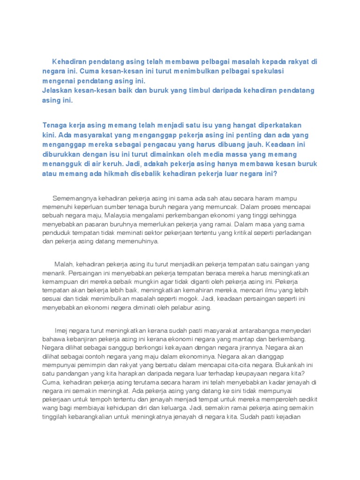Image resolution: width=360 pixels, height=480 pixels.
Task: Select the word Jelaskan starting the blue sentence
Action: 57,90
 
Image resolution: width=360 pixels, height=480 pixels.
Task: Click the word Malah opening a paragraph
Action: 64,264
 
